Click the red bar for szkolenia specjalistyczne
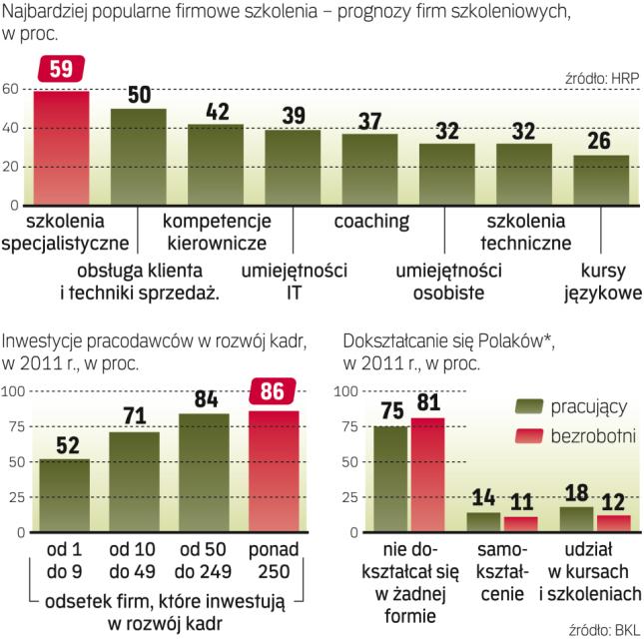pos(62,148)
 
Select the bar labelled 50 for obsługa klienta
pos(138,156)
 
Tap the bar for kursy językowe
pos(601,180)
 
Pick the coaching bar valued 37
pos(369,169)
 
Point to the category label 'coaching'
pos(370,220)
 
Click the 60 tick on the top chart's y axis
pos(10,89)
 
